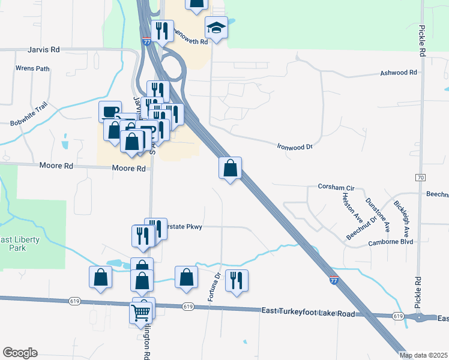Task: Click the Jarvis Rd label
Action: pos(44,50)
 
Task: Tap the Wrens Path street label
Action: pos(32,68)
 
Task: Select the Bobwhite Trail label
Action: pos(28,115)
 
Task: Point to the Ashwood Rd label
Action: pos(399,73)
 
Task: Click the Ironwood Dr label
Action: pos(295,146)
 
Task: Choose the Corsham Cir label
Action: pos(336,188)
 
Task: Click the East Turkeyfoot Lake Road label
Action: pos(309,310)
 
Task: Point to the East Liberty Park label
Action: pos(19,244)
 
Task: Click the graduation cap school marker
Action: pos(215,28)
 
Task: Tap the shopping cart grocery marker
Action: pos(140,311)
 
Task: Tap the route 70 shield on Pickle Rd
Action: pos(420,178)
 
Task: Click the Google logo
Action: pos(20,353)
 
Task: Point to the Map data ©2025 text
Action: pos(422,355)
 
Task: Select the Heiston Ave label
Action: pos(351,205)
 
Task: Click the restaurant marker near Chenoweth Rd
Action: pos(161,31)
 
